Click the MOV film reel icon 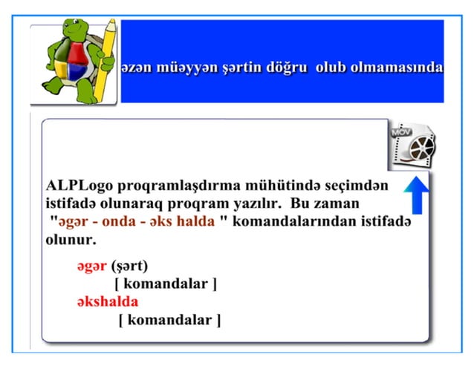point(413,145)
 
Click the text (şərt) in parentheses point(130,267)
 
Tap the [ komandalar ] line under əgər point(166,284)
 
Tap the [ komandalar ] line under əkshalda point(169,320)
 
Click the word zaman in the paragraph point(336,203)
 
